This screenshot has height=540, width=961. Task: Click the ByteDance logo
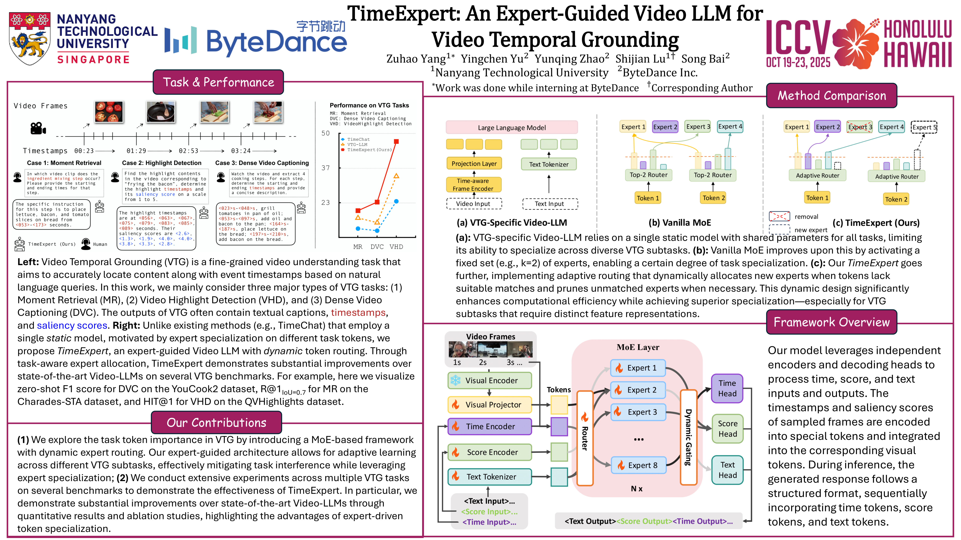tap(255, 40)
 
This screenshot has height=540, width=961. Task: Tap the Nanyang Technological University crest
tap(30, 38)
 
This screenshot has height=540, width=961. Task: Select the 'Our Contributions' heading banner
tap(216, 423)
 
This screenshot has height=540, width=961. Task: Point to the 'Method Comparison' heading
tap(831, 96)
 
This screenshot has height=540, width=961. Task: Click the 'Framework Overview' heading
tap(831, 322)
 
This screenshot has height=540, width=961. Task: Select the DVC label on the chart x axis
tap(377, 247)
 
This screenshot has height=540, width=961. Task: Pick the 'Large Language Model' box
tap(511, 127)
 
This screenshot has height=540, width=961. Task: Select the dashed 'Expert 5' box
tap(924, 127)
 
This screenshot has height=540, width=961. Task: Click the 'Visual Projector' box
tap(490, 405)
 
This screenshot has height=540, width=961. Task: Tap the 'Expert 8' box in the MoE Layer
tap(639, 465)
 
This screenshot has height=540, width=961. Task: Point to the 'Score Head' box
tap(728, 429)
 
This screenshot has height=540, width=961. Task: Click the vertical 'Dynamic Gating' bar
tap(688, 437)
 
